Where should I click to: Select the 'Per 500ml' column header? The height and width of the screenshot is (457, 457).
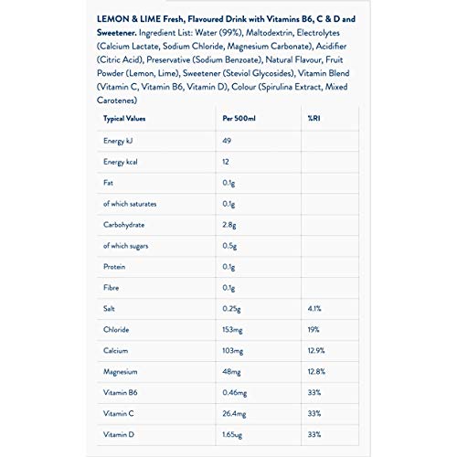[x=240, y=119]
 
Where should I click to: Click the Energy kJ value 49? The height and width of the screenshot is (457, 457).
[x=228, y=141]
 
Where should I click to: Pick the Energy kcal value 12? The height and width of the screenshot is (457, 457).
[x=228, y=163]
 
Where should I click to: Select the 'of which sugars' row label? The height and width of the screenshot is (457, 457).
[x=130, y=246]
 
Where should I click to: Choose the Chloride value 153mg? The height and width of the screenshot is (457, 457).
[x=235, y=330]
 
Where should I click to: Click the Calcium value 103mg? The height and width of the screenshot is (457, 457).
[x=235, y=351]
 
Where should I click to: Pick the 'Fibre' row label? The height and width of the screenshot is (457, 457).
[x=113, y=288]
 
